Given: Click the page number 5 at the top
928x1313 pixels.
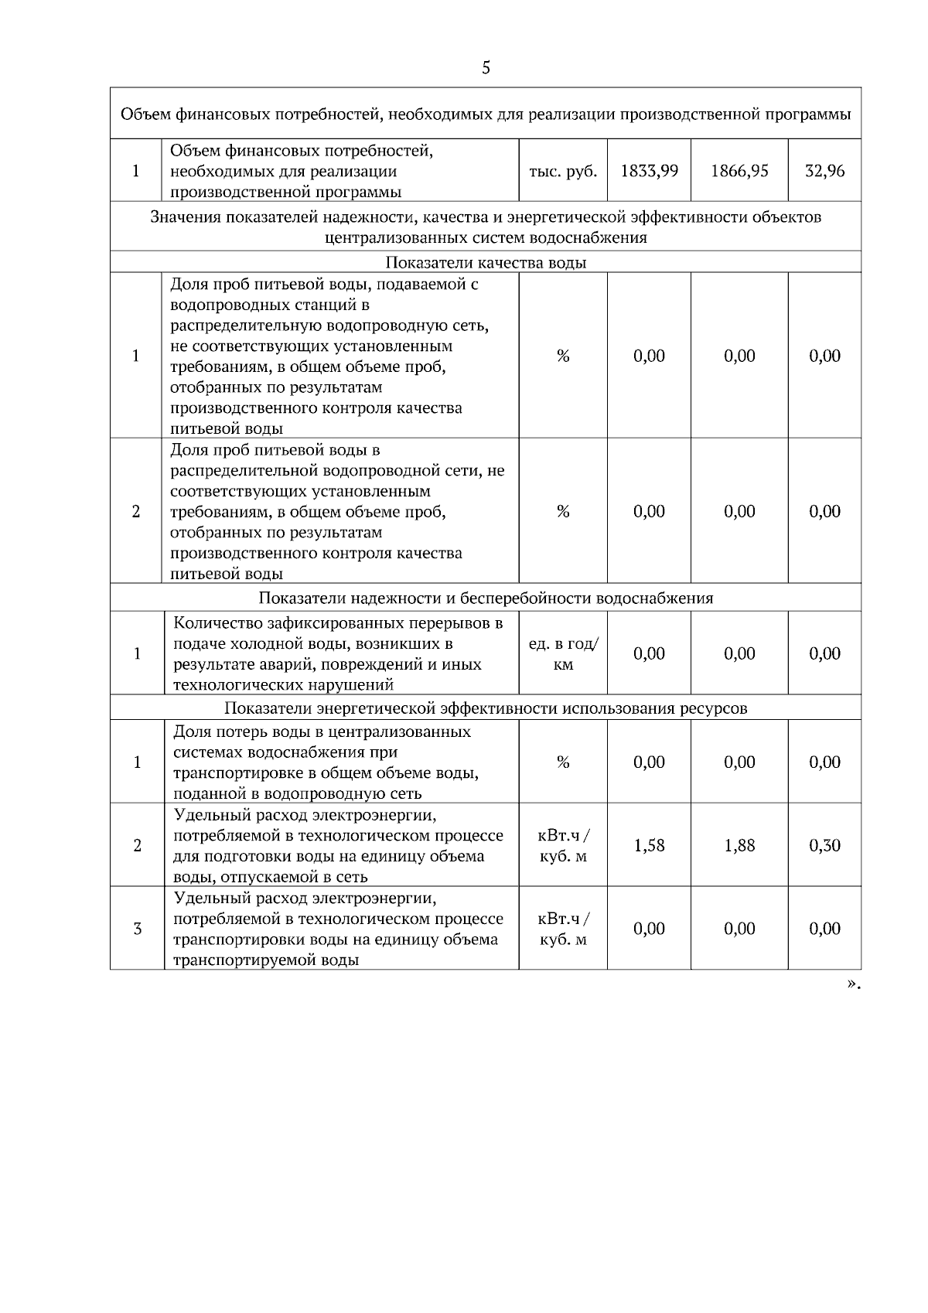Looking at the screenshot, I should tap(486, 68).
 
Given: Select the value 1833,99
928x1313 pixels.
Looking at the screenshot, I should tap(649, 171).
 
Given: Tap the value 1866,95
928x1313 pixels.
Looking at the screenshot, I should tap(739, 171).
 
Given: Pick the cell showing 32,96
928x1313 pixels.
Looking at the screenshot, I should tap(824, 171).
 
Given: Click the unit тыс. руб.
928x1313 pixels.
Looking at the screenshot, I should tap(563, 171).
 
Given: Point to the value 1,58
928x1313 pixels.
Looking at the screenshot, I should tap(649, 845).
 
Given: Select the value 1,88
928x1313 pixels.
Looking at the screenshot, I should tap(739, 845).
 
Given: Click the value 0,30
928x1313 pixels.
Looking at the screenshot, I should tap(824, 845).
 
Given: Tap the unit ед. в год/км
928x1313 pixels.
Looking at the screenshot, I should tap(563, 654).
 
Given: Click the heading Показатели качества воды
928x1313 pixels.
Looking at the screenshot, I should tap(486, 262).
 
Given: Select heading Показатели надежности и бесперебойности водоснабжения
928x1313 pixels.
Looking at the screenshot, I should tap(486, 598).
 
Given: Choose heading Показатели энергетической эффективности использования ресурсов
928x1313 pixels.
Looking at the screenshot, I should tap(486, 708).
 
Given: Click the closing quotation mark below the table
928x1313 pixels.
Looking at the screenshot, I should tap(851, 984).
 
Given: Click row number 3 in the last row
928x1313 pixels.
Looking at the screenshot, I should tap(138, 929).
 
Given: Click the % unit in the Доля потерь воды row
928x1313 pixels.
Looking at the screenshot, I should tap(563, 762).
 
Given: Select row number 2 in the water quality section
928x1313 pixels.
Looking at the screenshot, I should tap(136, 512).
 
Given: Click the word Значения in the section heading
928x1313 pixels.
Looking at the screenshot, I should tap(185, 217).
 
